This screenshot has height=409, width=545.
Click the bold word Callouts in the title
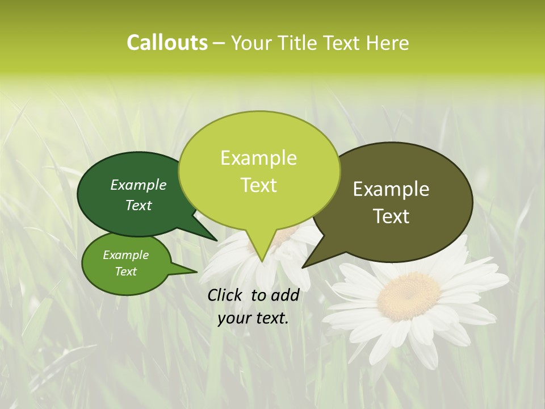pos(167,43)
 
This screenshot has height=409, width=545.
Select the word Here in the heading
pos(388,43)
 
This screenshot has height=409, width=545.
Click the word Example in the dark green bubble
pos(139,185)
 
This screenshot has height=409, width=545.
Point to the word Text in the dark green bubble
pos(139,205)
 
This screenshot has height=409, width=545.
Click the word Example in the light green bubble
pos(258,158)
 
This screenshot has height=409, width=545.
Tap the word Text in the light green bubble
pos(258,185)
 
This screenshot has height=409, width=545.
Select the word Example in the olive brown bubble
pos(391,189)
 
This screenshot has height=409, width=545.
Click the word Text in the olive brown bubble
pos(391,216)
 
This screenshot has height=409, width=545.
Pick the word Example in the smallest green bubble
pos(126,255)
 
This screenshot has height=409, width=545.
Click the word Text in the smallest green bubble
pos(126,272)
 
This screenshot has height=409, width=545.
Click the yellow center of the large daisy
pos(409,295)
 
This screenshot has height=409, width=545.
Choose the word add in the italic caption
pos(286,295)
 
